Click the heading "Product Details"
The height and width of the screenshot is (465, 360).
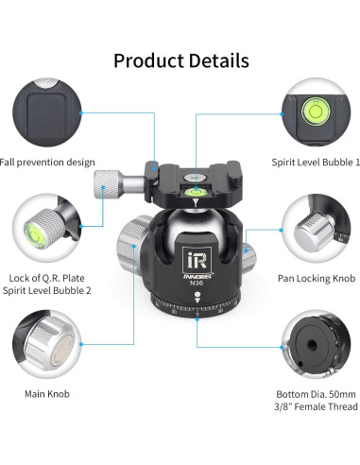click(x=180, y=60)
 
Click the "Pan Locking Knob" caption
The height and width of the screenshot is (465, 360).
click(x=316, y=279)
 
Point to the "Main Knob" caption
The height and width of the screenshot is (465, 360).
click(x=45, y=392)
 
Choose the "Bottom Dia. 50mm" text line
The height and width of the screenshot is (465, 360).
click(x=316, y=392)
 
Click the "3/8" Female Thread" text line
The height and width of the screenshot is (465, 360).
click(x=316, y=407)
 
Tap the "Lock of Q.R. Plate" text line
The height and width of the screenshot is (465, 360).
click(x=45, y=279)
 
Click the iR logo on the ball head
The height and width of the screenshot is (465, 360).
click(x=194, y=258)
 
